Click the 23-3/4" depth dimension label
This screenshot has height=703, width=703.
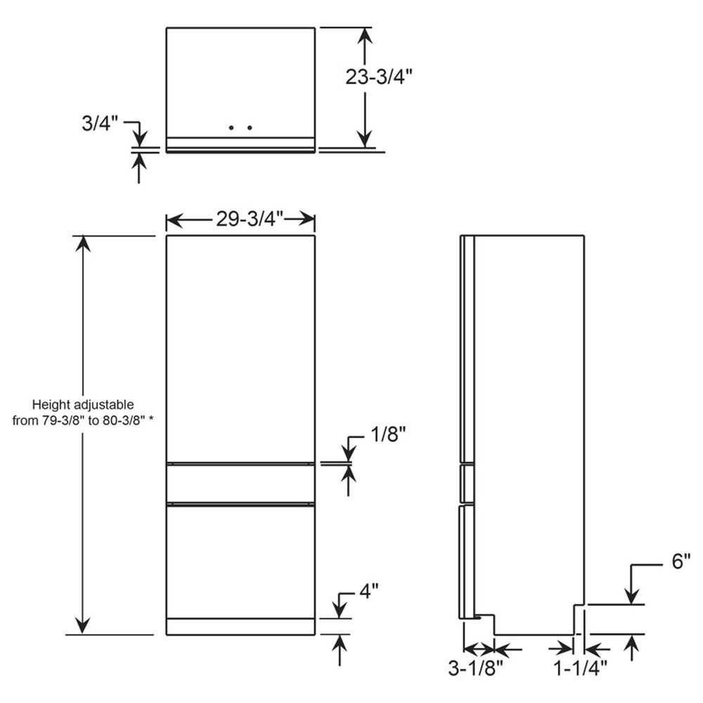pos(378,77)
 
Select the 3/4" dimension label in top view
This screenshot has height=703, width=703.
pos(99,123)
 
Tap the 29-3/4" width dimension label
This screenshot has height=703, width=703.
pos(250,219)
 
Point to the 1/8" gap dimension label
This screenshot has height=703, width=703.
pos(388,435)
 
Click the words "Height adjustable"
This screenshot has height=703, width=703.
pos(83,405)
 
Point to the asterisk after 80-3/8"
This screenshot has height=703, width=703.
pos(150,422)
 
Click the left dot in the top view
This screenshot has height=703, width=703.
pos(232,128)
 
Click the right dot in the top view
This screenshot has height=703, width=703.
pos(250,128)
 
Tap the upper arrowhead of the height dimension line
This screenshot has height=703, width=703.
pos(83,243)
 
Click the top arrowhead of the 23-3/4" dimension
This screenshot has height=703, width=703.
pos(364,34)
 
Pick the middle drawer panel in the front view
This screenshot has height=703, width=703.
pos(240,484)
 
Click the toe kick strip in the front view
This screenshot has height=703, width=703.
pos(240,626)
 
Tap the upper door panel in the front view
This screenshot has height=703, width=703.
pos(240,348)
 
